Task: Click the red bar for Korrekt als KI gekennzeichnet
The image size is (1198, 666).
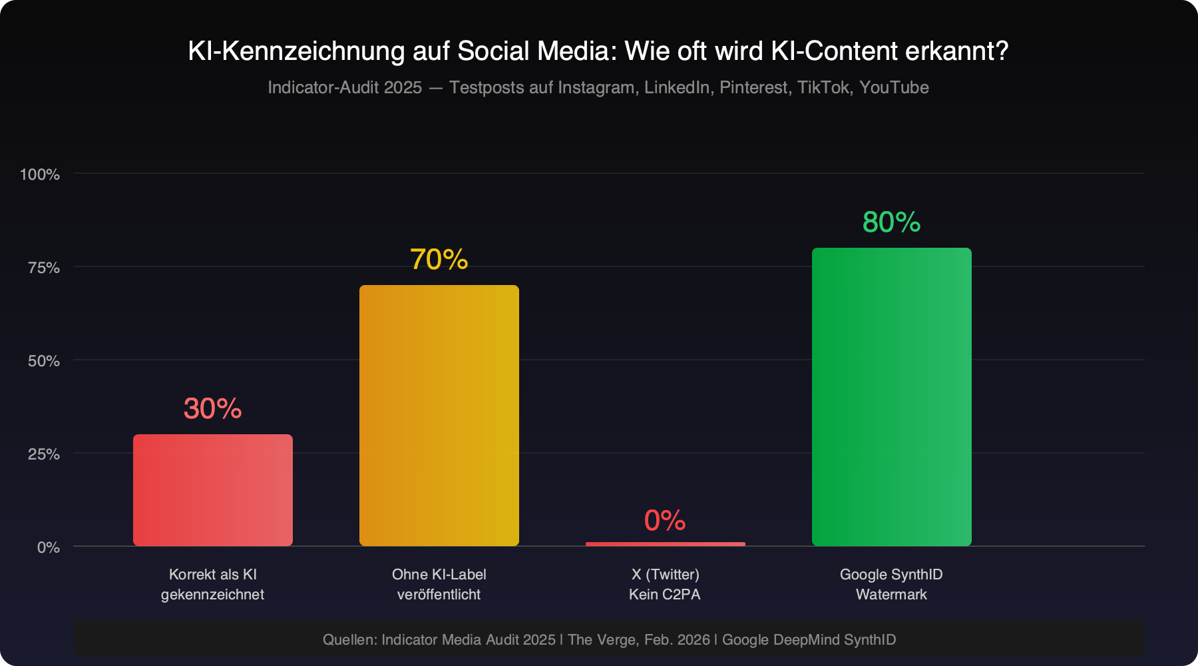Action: (x=213, y=490)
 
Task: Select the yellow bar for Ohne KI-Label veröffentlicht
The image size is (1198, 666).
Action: (x=439, y=416)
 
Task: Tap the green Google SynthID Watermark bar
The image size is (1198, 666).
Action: (x=892, y=397)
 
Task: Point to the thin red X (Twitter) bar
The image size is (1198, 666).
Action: (x=666, y=544)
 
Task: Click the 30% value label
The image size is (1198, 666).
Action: (x=213, y=409)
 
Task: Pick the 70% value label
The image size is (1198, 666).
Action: (x=439, y=260)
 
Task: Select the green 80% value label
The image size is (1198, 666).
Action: (x=892, y=222)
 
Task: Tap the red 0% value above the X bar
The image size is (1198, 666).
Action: (x=665, y=521)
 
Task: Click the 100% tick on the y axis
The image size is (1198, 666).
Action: (x=40, y=174)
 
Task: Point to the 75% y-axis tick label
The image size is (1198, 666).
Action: (x=44, y=268)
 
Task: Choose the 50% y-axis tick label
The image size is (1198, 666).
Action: (x=44, y=361)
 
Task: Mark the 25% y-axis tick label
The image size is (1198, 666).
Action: (x=44, y=454)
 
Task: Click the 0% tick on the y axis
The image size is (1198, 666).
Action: (x=49, y=547)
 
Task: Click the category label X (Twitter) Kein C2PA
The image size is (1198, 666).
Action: (x=665, y=584)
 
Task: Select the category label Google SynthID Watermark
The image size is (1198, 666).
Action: (x=891, y=584)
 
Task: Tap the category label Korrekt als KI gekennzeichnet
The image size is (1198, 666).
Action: (x=213, y=584)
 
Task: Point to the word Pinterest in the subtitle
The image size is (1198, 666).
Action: (x=753, y=87)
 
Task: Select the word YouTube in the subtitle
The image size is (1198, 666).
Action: (x=894, y=87)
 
